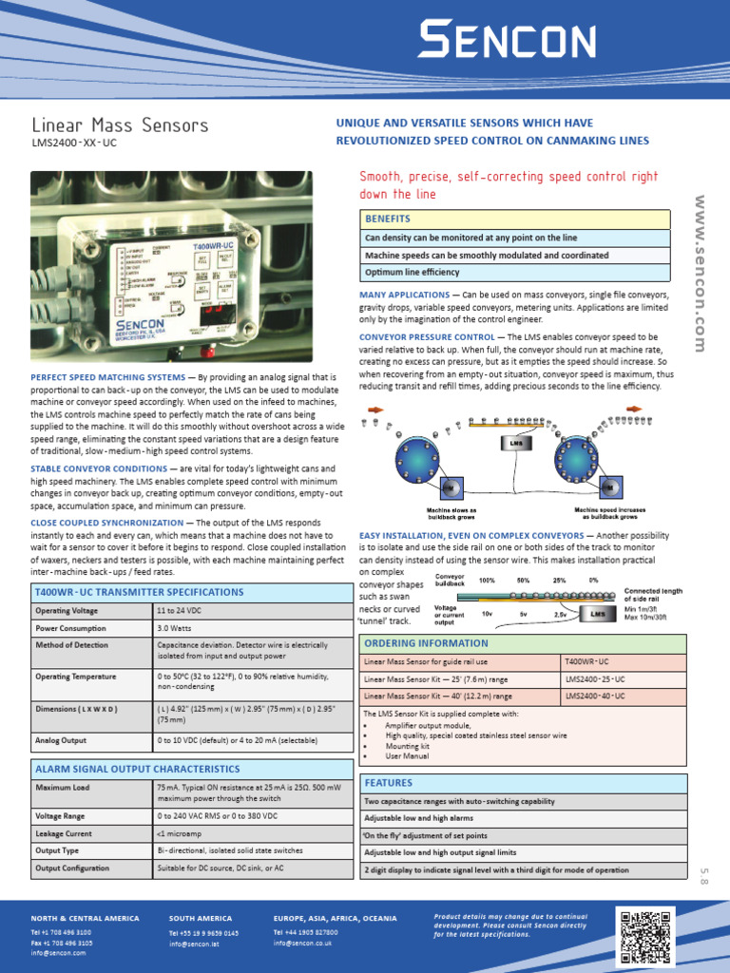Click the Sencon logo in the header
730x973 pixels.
(508, 43)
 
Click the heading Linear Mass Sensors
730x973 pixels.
(120, 125)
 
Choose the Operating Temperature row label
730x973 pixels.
(75, 677)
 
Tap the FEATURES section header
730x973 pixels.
(390, 783)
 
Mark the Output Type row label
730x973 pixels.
(57, 850)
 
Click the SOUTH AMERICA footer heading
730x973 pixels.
(200, 918)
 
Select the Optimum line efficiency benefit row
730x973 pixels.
(413, 273)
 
